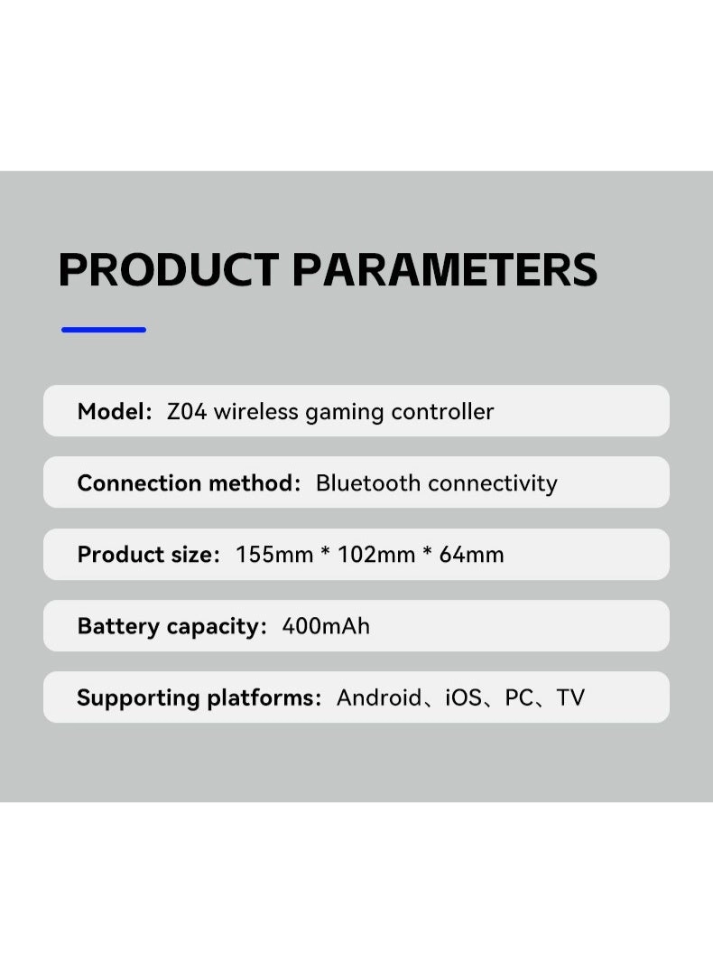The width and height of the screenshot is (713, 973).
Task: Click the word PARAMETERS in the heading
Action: point(445,269)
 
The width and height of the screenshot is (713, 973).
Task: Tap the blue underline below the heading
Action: point(104,330)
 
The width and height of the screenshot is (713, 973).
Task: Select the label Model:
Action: point(115,412)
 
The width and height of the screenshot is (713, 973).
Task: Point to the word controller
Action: point(442,412)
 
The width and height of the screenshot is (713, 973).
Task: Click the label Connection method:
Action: point(189,483)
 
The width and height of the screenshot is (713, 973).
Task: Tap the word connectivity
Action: point(493,483)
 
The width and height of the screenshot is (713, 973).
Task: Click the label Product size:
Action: point(149,555)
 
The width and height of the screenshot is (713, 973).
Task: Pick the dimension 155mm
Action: point(274,555)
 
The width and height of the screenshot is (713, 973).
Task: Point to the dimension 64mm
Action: point(471,555)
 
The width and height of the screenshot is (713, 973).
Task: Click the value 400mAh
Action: point(326,626)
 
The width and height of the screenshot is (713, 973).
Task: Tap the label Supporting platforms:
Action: point(199,697)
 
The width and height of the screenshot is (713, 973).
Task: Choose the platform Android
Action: point(379,697)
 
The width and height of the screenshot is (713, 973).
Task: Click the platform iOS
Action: point(464,697)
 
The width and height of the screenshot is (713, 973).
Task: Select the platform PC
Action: point(520,697)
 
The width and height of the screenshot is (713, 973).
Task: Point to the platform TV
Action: point(570,697)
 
